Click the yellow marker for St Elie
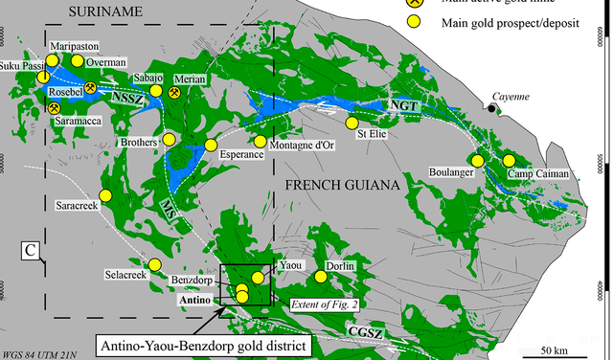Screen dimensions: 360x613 352,123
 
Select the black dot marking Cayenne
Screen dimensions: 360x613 491,109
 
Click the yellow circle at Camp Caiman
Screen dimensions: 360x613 509,160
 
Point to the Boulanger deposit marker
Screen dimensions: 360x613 473,160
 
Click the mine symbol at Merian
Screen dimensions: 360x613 175,93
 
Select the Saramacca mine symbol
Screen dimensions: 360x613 54,107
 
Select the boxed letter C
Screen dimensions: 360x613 31,251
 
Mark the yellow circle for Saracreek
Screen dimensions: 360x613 106,195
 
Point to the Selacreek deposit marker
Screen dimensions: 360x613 152,264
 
